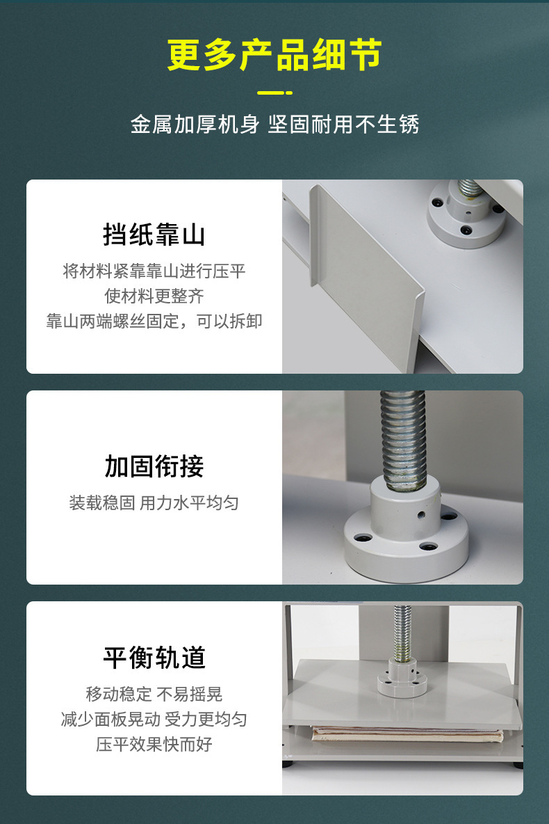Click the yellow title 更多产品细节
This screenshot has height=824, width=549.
coord(274,56)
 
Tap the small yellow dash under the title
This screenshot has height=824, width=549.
coord(274,93)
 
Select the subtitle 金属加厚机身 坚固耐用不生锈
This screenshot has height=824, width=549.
coord(274,125)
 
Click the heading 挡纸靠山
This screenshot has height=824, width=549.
coord(154,235)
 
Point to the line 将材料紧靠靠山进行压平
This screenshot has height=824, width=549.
coord(154,271)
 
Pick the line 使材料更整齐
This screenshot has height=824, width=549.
coord(154,296)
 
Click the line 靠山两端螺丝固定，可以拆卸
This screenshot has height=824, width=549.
coord(154,321)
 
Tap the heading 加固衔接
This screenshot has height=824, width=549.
coord(154,466)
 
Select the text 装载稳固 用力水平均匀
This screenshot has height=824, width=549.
coord(154,502)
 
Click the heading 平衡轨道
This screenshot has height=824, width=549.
coord(154,658)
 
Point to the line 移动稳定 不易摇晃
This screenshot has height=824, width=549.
coord(154,694)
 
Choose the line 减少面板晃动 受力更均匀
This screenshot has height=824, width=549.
coord(154,719)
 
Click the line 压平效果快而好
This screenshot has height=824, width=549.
coord(154,744)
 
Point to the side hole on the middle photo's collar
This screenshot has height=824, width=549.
coord(421,516)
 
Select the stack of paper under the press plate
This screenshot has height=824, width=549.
coord(407,734)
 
